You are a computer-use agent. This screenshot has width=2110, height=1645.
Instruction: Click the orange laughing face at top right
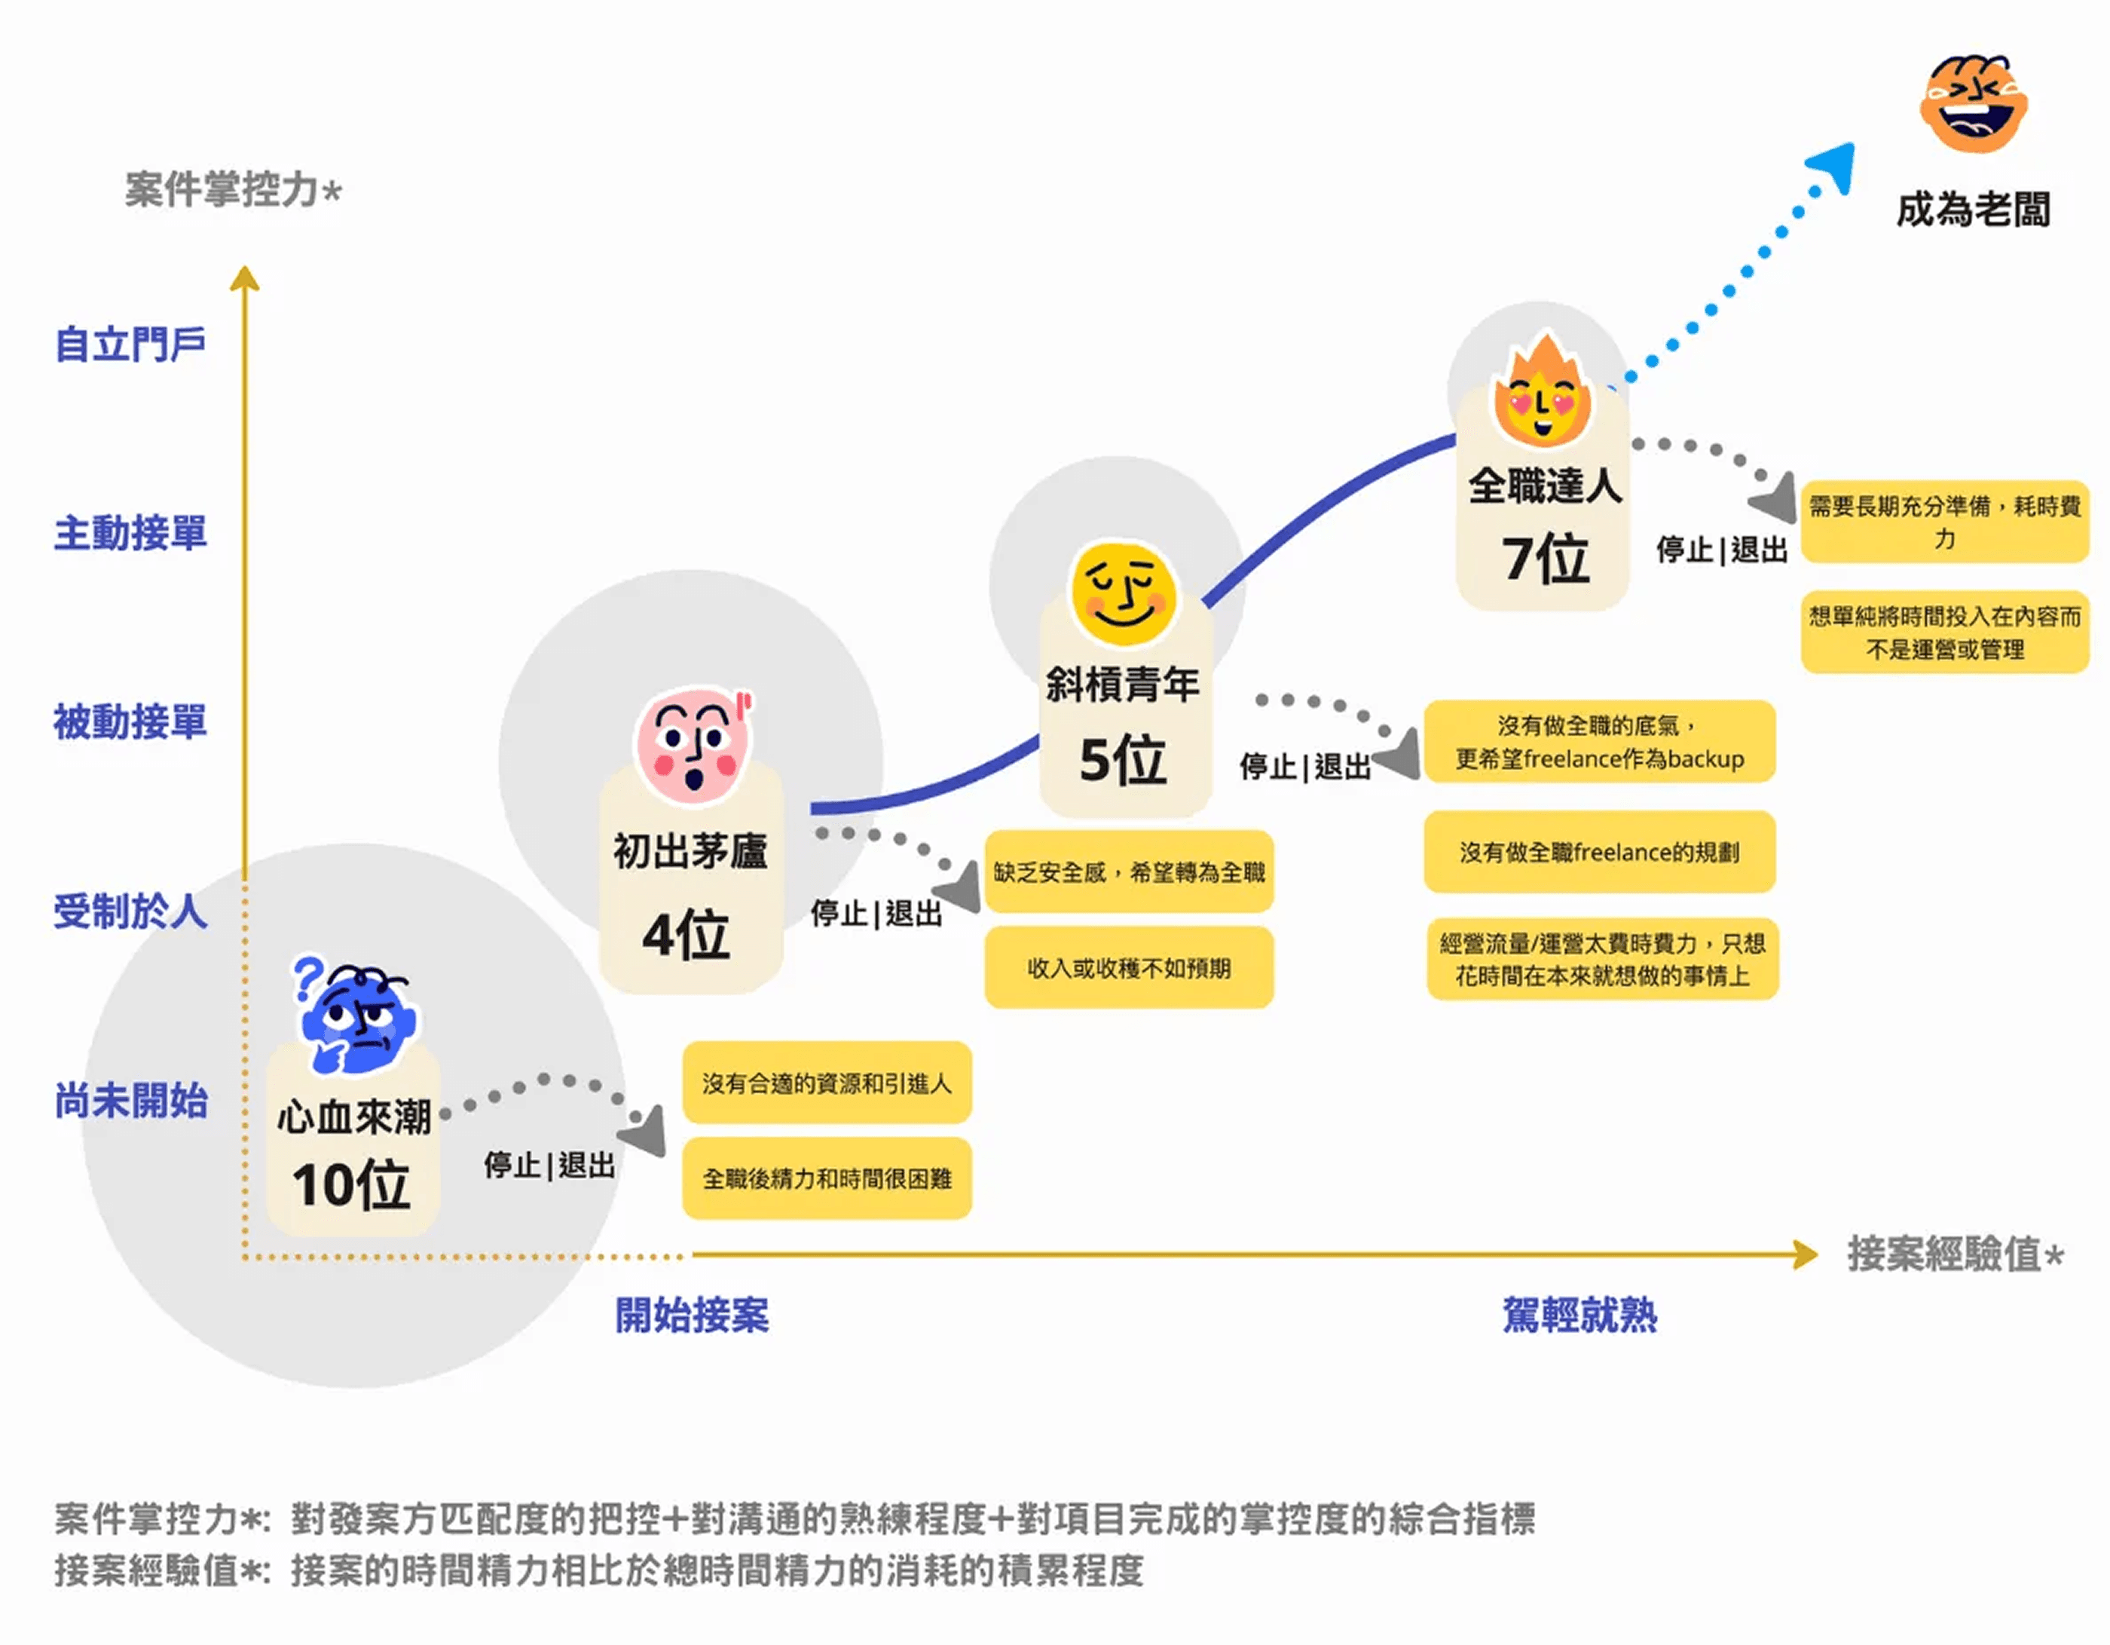click(x=1973, y=103)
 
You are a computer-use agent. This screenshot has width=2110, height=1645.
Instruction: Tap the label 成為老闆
click(x=1973, y=210)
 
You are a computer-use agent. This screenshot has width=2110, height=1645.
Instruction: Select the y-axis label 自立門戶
click(x=130, y=344)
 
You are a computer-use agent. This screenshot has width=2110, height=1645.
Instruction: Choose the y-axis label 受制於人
click(x=130, y=911)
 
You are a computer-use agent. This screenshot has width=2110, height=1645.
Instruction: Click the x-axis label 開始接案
click(x=692, y=1316)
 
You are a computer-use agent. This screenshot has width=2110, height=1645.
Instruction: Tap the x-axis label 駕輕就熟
click(x=1579, y=1316)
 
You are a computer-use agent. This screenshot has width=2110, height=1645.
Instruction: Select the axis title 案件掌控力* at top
click(x=233, y=189)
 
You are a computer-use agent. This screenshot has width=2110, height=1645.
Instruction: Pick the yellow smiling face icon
click(x=1124, y=593)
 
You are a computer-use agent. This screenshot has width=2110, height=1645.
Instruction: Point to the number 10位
click(x=352, y=1185)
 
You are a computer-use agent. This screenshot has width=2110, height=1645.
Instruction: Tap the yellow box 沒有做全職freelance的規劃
click(x=1599, y=851)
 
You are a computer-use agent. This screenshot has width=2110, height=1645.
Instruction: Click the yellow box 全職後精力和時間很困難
click(x=827, y=1178)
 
